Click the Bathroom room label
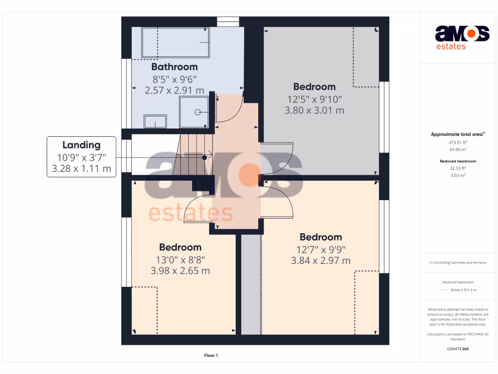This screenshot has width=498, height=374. tap(174, 67)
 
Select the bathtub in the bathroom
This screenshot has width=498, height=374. tap(176, 43)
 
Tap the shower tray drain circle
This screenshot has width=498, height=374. tap(198, 112)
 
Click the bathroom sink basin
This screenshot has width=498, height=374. tap(155, 122)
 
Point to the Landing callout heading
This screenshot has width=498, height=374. tap(81, 145)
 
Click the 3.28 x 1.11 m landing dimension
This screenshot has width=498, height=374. tap(81, 169)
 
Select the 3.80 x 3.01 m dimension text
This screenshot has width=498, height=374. tap(314, 111)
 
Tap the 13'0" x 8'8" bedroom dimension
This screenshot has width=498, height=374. tap(180, 259)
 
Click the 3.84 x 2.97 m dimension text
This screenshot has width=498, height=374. tap(320, 261)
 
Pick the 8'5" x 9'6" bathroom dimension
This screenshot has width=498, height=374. tap(174, 79)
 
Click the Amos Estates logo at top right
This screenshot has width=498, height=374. tap(462, 37)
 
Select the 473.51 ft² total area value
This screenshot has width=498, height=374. tap(458, 143)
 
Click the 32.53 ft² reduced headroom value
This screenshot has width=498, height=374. tap(458, 168)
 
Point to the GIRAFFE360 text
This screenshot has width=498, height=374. tap(458, 349)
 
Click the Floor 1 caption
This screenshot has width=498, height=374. tap(211, 355)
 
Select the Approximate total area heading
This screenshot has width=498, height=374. tap(457, 134)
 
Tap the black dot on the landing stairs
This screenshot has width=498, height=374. tap(204, 157)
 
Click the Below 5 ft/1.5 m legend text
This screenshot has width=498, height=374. tap(463, 290)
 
